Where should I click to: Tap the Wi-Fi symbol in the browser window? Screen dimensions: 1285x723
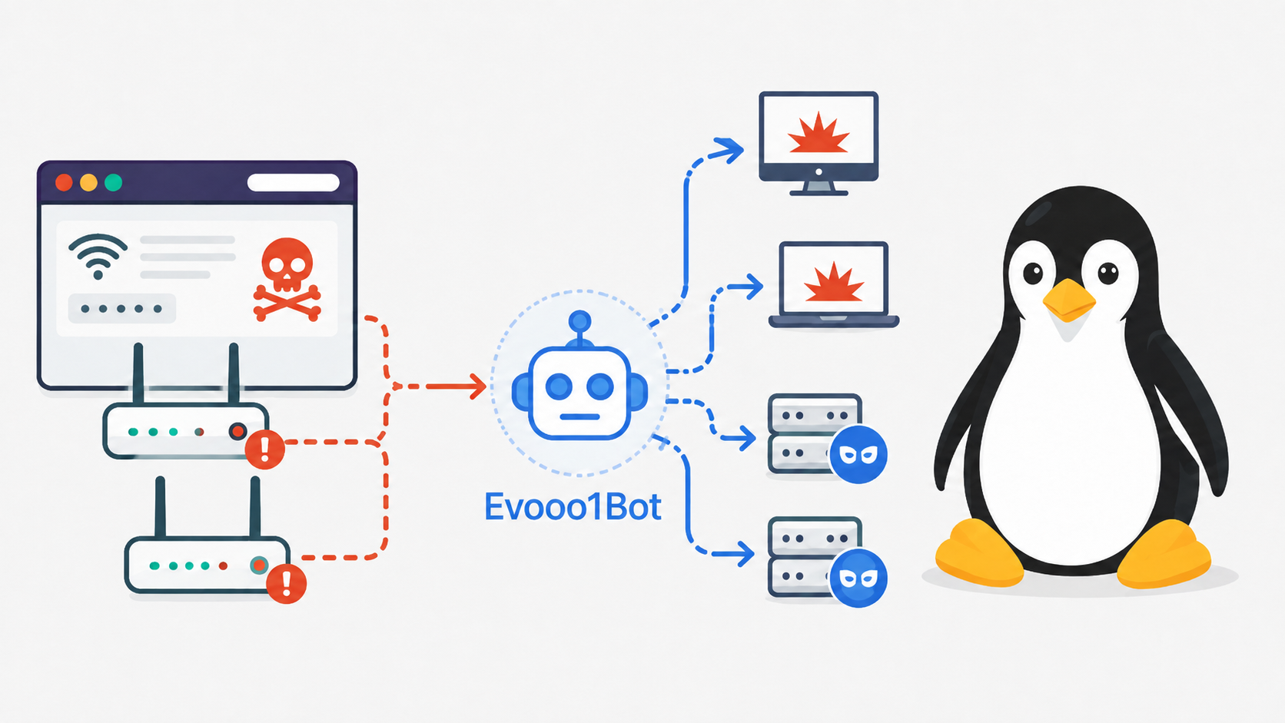[x=98, y=256]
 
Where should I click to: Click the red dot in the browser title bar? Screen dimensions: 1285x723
[x=64, y=182]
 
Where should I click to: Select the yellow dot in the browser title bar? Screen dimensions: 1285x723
[x=88, y=182]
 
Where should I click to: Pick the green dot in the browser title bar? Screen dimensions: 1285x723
[x=113, y=182]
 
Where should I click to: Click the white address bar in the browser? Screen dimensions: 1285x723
[x=293, y=182]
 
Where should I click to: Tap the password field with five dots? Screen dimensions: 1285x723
[x=121, y=308]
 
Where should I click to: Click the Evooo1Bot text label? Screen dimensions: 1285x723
[x=573, y=507]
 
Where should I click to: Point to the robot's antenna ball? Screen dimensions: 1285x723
[x=580, y=321]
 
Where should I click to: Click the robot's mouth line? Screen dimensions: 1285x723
[x=579, y=417]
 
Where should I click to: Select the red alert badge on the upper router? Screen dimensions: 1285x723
[x=264, y=449]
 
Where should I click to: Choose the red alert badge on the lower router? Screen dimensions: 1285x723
[x=286, y=584]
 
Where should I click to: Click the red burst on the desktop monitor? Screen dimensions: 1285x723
[x=818, y=134]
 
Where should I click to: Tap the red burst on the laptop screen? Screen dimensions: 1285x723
[x=834, y=283]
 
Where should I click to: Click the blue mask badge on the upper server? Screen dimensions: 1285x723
[x=858, y=455]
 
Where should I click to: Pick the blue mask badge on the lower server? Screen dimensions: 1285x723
[x=858, y=578]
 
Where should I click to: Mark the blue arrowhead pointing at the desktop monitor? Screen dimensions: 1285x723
[x=729, y=151]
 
